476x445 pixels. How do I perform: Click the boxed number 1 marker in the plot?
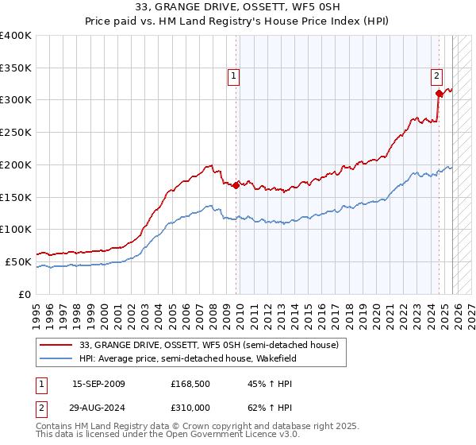point(236,76)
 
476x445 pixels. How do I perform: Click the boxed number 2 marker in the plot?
point(437,76)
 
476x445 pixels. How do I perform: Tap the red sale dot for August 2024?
point(439,94)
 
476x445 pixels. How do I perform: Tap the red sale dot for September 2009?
point(236,185)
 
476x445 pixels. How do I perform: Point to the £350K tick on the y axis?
point(16,68)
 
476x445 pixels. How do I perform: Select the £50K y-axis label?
point(18,261)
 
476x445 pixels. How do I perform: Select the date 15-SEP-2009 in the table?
point(98,384)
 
